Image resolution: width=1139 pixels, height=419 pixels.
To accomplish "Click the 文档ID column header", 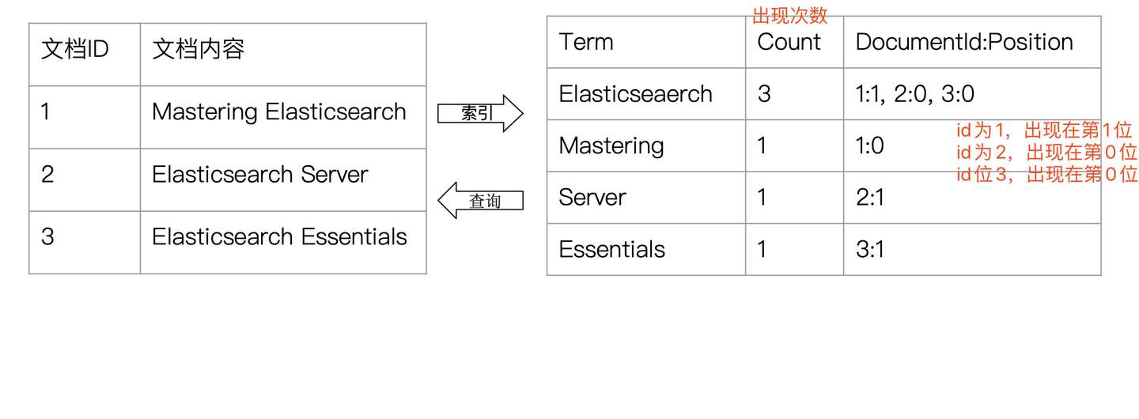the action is point(74,49).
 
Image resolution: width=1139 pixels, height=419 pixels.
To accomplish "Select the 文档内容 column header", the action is point(199,49).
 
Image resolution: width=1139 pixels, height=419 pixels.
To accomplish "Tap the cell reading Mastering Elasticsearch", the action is point(278,112).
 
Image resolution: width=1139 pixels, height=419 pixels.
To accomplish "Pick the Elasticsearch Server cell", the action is point(259,175).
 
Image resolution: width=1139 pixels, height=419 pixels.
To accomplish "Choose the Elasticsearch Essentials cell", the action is point(279,236).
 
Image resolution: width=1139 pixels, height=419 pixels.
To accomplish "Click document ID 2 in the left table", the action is point(47,175).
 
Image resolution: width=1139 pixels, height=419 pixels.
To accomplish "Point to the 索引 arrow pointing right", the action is point(481,113).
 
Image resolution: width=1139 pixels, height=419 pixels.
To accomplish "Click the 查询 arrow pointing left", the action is point(481,200).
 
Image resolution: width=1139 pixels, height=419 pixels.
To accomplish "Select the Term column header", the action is point(586,42).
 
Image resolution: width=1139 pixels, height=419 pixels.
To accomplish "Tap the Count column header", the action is point(789,42).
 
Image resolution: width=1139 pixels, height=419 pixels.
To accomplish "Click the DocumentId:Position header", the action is point(964,42).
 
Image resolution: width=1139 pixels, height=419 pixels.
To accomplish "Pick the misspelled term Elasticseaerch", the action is point(635,94).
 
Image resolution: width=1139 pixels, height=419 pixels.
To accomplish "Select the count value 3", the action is point(764,94).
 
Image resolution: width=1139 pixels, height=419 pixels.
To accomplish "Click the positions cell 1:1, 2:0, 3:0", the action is point(914,94).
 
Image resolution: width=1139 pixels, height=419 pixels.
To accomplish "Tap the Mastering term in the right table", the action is point(611,146).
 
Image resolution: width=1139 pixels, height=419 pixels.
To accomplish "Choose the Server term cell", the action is point(592,198).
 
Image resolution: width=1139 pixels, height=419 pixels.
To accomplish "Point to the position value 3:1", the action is point(870,249).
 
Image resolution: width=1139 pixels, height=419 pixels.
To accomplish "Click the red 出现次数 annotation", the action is point(789,16).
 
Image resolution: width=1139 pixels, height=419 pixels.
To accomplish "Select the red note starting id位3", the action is point(1046,175).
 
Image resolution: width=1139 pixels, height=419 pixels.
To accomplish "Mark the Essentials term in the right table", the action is point(611,249).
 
